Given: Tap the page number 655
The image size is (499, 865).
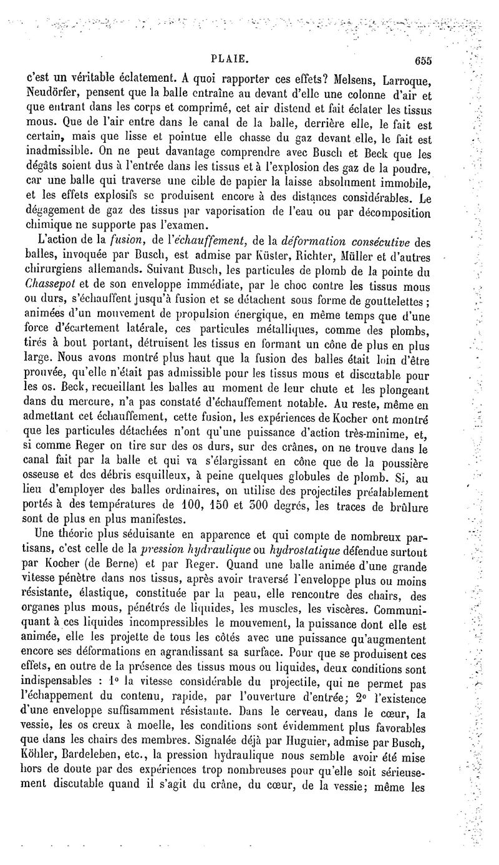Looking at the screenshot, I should tap(422, 61).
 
